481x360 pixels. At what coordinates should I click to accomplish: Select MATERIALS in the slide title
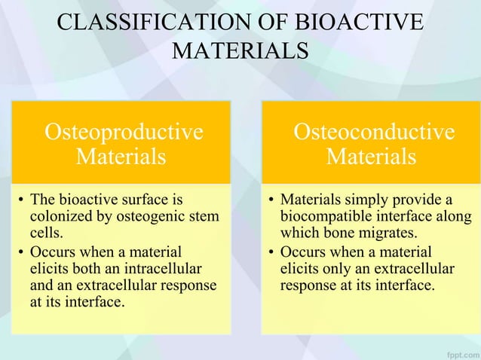(240, 51)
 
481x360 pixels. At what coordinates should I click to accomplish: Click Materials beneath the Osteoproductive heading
(121, 157)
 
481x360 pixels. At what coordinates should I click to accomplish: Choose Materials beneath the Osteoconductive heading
(371, 157)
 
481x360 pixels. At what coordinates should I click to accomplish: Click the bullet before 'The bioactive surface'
(20, 201)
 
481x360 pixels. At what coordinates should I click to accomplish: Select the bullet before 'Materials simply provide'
(271, 201)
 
